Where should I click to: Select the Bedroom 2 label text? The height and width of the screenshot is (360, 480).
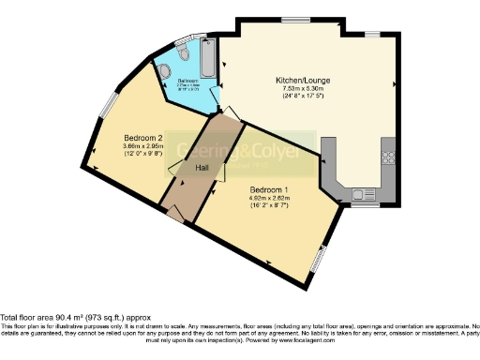pos(127,138)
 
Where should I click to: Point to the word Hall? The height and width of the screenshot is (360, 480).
pos(202,168)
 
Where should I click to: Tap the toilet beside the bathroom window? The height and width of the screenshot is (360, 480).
pos(183,55)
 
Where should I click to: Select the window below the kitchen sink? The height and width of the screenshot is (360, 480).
pos(366,204)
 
